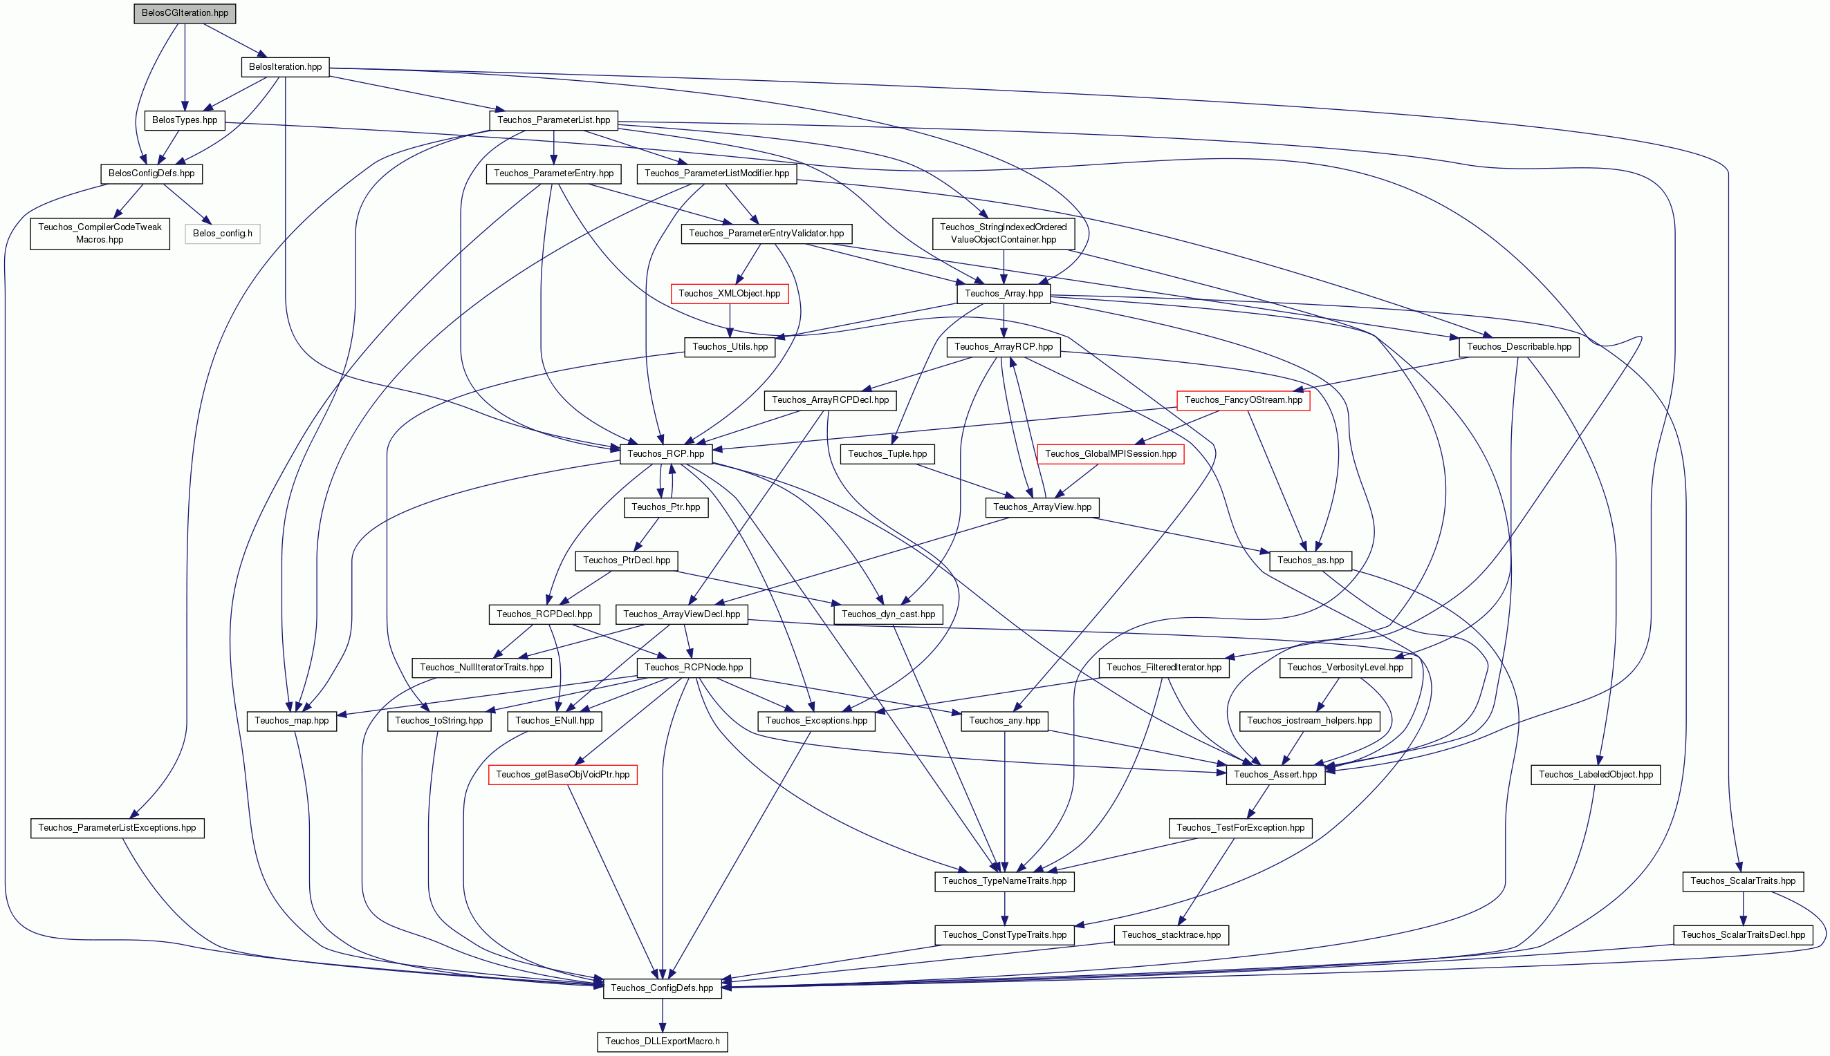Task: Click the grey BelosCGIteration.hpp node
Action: pos(185,13)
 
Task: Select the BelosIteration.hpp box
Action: pos(285,67)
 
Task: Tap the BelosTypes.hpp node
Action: pos(185,120)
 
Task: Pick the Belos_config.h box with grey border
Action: pos(223,234)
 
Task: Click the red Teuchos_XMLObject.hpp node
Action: pos(729,294)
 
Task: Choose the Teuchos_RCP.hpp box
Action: pos(665,454)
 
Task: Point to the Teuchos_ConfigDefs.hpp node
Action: pos(662,988)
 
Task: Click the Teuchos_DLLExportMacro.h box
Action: pos(663,1041)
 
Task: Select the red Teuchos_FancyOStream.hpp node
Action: pos(1243,400)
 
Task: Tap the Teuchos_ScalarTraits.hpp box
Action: pos(1743,881)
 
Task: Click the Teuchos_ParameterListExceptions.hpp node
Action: pos(118,828)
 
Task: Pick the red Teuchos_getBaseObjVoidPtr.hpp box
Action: pos(563,775)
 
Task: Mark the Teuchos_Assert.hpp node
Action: pos(1275,775)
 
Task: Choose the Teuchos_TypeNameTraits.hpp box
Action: pos(1005,881)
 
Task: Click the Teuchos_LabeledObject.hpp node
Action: pos(1596,775)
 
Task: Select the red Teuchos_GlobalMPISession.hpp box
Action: pos(1111,454)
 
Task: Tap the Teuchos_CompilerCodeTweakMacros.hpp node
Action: pos(100,234)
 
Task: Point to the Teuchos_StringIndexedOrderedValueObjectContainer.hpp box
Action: pos(1004,234)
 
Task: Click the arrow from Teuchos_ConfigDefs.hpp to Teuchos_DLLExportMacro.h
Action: pos(663,1015)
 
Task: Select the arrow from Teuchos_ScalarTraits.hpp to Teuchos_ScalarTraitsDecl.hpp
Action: pos(1743,908)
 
